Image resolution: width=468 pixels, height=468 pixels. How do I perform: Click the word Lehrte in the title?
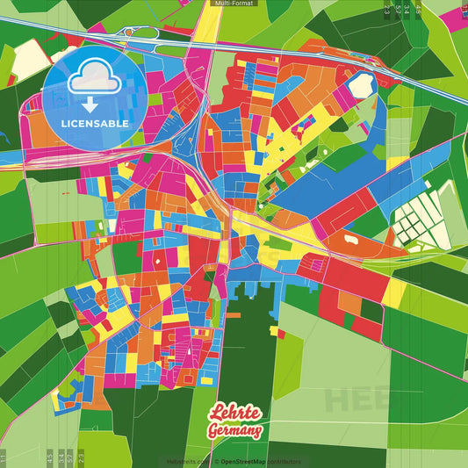235,414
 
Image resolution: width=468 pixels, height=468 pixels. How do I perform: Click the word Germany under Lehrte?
234,430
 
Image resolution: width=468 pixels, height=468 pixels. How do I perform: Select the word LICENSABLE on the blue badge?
95,123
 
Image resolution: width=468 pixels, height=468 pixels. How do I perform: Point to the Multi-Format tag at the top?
234,4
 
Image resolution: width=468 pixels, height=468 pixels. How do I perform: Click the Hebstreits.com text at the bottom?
184,461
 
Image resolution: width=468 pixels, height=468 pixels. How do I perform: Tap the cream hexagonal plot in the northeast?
361,85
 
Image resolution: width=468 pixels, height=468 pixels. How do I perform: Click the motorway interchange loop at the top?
145,34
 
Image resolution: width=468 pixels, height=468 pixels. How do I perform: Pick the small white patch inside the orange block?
350,237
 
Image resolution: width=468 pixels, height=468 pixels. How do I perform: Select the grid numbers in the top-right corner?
403,11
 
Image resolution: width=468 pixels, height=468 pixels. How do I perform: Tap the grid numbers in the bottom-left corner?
61,457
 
